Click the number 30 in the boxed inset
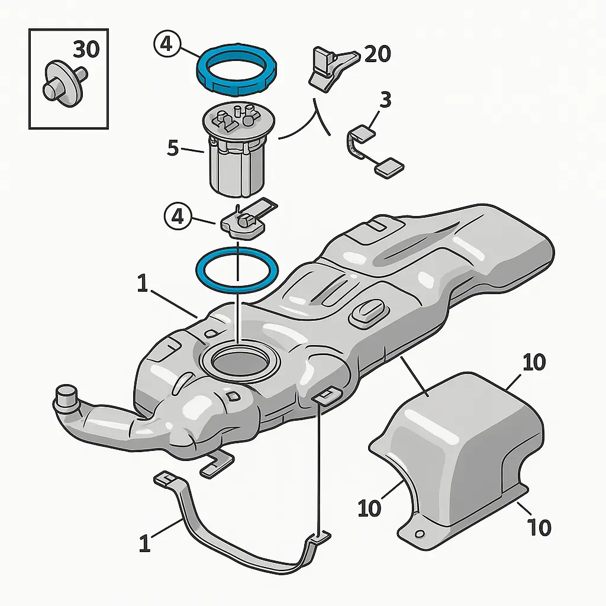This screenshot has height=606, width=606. coord(86,50)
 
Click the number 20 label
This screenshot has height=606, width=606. coord(378,55)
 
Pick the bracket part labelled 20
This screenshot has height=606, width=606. coord(330,68)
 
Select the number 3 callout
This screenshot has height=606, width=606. coord(385,100)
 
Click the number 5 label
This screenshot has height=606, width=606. coord(173,148)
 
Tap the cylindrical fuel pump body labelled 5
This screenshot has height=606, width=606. coord(237,169)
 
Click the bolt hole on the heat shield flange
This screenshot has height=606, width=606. coord(420,534)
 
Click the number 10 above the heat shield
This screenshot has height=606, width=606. coord(534,362)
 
